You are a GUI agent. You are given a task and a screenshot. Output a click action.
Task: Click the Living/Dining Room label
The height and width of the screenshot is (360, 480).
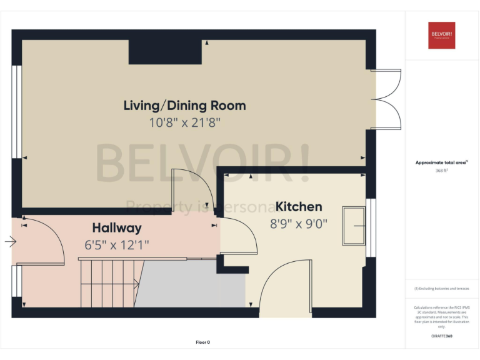pos(184,105)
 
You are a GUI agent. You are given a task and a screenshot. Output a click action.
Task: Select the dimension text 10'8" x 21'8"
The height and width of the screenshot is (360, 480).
pos(184,122)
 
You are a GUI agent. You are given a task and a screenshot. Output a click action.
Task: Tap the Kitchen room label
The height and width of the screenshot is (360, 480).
pos(299,206)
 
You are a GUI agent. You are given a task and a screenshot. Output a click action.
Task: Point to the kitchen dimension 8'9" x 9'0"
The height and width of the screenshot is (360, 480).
pos(299,223)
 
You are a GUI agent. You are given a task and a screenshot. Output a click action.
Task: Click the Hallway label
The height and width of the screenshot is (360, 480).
pos(117,227)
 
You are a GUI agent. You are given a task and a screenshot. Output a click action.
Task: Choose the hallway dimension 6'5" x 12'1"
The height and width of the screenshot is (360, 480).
pos(117,244)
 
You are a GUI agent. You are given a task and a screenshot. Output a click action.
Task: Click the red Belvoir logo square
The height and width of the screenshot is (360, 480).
pos(441,35)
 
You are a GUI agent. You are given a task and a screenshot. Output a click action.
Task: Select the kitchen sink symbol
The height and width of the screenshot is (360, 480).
pos(354,225)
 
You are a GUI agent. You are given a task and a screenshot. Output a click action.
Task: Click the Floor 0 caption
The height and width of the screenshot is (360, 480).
pos(202,342)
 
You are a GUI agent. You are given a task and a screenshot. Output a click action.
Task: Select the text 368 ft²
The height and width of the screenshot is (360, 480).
pos(441,170)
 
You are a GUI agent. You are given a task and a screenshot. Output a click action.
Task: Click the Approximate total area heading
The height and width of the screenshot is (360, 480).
pos(441,162)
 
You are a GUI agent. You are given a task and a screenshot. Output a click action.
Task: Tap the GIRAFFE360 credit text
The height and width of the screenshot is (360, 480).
pos(441,336)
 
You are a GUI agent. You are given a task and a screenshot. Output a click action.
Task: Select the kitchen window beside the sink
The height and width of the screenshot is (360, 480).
pos(371,227)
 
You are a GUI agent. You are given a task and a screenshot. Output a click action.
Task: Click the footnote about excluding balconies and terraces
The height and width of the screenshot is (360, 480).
pos(441,289)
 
